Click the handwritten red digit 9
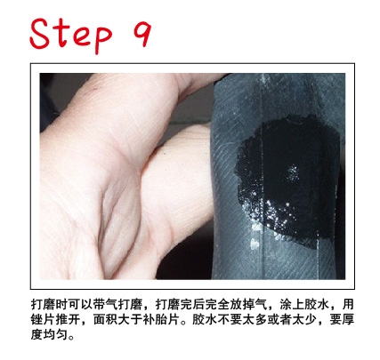(x=142, y=33)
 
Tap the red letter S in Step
(x=40, y=33)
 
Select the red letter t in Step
(x=61, y=33)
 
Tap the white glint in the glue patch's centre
(x=293, y=172)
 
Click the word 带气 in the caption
(x=105, y=305)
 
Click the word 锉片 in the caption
(x=43, y=320)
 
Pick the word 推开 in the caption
(x=68, y=320)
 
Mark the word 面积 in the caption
(x=105, y=320)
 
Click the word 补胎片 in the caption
(x=161, y=320)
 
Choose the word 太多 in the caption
(x=255, y=320)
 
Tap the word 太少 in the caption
(x=304, y=320)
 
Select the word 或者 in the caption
(x=279, y=320)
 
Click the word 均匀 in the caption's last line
(x=55, y=335)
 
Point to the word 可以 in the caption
(x=80, y=305)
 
